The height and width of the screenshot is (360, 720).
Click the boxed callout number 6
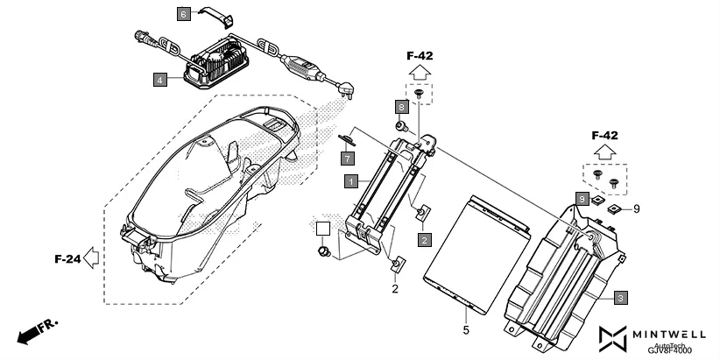(x=184, y=14)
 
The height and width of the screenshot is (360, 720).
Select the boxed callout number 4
(x=159, y=80)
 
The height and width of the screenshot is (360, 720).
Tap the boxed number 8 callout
(x=401, y=106)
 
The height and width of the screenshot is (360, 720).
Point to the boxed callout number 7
(x=348, y=158)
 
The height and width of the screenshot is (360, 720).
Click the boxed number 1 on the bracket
(x=350, y=181)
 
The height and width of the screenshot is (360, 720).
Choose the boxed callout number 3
(x=620, y=298)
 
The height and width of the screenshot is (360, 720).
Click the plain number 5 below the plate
(x=465, y=330)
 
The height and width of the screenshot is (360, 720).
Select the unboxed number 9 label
(x=637, y=208)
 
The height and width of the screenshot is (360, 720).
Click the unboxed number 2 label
(x=395, y=288)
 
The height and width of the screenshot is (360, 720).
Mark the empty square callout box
(x=323, y=229)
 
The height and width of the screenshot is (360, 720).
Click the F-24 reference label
(x=68, y=259)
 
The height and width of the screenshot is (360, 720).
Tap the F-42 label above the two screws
(x=606, y=136)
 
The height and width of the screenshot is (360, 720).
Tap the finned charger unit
(x=217, y=60)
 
